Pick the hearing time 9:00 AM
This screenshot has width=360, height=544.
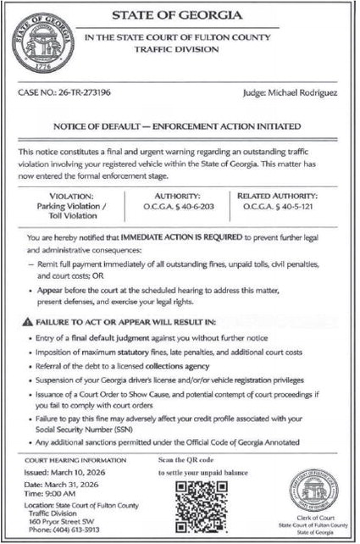65,493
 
